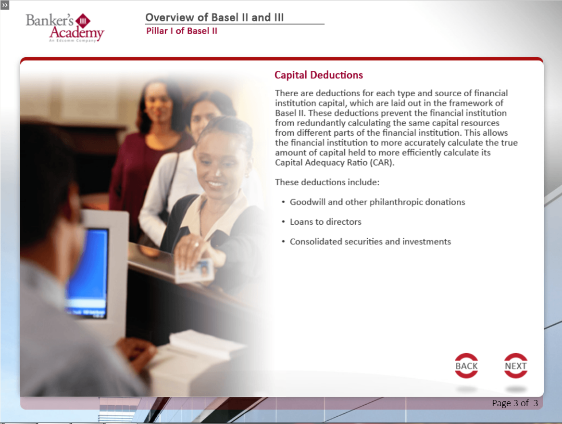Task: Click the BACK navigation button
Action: [x=466, y=366]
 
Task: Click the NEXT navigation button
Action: [x=516, y=366]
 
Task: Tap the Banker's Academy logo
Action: [x=65, y=27]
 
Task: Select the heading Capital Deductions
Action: [x=319, y=75]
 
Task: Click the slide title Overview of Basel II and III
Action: [x=214, y=17]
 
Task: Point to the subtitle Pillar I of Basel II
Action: [x=182, y=31]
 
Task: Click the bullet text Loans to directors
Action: [x=325, y=222]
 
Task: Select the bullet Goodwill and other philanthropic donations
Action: [x=377, y=202]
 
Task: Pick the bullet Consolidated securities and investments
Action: [x=370, y=242]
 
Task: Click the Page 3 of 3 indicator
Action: [x=515, y=403]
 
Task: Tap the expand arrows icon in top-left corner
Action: [x=5, y=5]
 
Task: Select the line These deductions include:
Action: [x=327, y=182]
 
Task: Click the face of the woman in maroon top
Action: [x=158, y=99]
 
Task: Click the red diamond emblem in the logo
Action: [x=83, y=21]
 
